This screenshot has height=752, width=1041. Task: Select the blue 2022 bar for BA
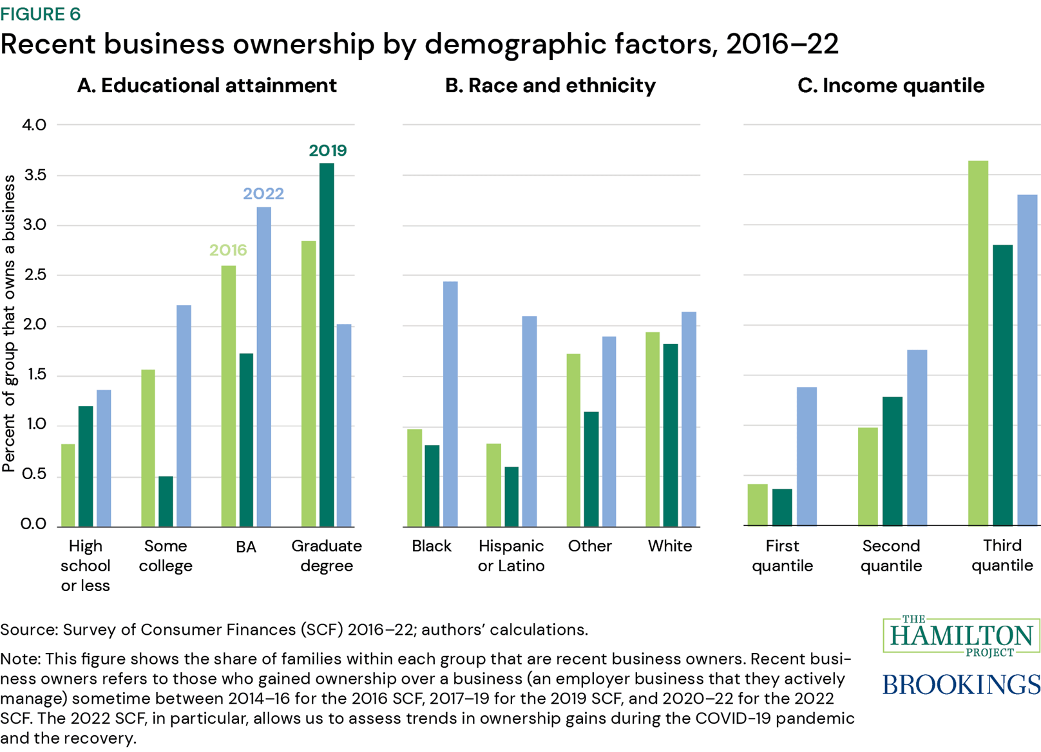263,366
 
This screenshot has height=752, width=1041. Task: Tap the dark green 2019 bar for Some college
166,501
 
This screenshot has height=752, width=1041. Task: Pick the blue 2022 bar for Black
450,404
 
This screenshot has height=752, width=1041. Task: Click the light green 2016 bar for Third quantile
978,343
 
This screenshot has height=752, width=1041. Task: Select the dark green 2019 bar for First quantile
782,507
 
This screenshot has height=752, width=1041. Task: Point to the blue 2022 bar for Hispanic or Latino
529,421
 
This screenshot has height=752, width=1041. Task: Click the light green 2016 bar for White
653,429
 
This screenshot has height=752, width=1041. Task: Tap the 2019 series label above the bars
327,151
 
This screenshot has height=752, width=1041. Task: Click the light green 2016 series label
228,250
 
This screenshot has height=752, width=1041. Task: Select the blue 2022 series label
263,194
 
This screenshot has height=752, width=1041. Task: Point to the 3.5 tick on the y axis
33,175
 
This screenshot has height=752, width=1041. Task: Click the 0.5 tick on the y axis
33,475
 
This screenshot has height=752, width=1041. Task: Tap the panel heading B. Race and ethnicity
550,86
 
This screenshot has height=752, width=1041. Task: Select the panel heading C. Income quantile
890,86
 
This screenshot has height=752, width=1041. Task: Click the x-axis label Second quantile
891,556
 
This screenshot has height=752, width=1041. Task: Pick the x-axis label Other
589,546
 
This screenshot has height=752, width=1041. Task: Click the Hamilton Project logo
960,636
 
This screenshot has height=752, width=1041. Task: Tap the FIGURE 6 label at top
40,14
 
